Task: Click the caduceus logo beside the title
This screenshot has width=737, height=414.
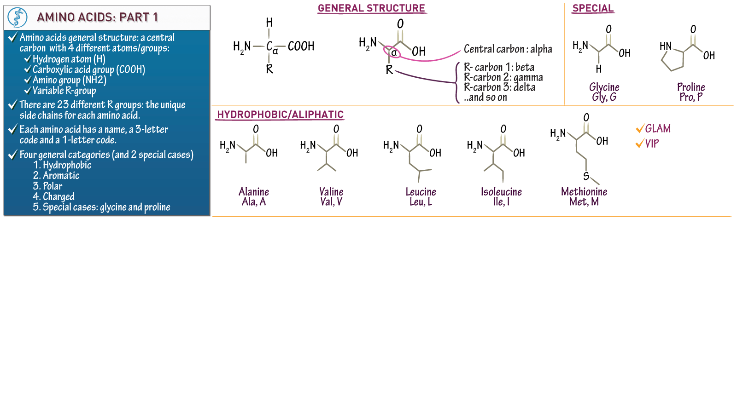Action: pyautogui.click(x=18, y=17)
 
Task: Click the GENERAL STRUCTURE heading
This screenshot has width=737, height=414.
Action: pyautogui.click(x=371, y=8)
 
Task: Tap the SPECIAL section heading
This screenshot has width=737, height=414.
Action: pyautogui.click(x=593, y=8)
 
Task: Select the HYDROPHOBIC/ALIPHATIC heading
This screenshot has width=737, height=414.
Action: pyautogui.click(x=280, y=115)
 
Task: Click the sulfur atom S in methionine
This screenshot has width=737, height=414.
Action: pyautogui.click(x=586, y=176)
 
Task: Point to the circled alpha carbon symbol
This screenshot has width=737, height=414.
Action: pyautogui.click(x=393, y=52)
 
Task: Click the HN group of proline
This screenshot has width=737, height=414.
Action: pyautogui.click(x=665, y=46)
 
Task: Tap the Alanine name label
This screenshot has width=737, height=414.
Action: pyautogui.click(x=254, y=192)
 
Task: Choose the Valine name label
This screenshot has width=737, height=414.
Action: pyautogui.click(x=331, y=192)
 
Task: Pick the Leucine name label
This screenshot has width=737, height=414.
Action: pyautogui.click(x=421, y=192)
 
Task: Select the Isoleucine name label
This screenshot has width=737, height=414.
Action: pyautogui.click(x=501, y=192)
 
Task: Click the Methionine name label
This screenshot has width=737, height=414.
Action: pyautogui.click(x=584, y=192)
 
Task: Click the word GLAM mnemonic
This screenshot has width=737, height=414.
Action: pyautogui.click(x=658, y=129)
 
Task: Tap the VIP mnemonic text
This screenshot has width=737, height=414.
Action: pyautogui.click(x=652, y=144)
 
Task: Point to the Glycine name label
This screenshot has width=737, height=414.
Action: pyautogui.click(x=604, y=87)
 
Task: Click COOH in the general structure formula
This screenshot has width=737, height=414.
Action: pyautogui.click(x=301, y=46)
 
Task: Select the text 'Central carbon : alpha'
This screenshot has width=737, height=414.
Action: pyautogui.click(x=508, y=49)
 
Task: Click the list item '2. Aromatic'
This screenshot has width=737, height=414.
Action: pyautogui.click(x=56, y=176)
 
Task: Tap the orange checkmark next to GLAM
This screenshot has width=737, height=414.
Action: pyautogui.click(x=639, y=129)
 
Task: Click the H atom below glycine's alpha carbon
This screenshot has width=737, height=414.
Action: pyautogui.click(x=598, y=69)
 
